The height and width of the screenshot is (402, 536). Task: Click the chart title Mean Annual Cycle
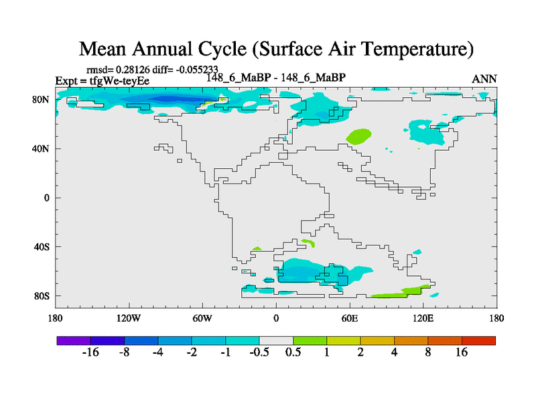coord(276,49)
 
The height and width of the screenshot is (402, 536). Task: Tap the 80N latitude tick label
coord(42,99)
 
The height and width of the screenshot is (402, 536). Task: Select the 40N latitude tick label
coord(42,148)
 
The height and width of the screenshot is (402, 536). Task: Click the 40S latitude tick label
coord(42,247)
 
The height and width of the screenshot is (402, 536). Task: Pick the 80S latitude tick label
coord(42,295)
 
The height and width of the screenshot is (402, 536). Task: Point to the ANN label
coord(484,79)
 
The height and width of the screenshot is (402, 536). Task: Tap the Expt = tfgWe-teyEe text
coord(102,80)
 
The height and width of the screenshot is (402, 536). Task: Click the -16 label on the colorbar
coord(90,352)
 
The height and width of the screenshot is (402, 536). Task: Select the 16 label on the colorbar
coord(462,352)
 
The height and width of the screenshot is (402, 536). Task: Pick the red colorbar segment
coord(478,340)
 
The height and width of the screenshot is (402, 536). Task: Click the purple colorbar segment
coord(74,340)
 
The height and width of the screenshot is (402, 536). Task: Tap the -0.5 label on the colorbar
coord(259,352)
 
